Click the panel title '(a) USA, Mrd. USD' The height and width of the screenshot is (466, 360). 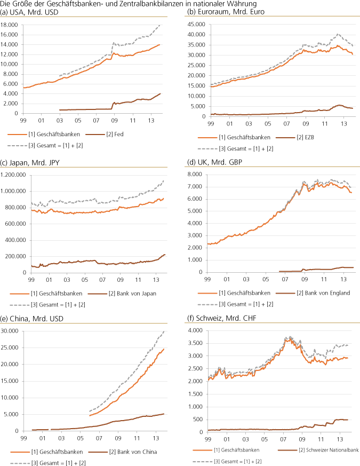pos(29,13)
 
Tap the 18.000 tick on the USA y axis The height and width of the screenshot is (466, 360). pos(11,25)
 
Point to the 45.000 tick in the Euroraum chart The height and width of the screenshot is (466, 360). pos(196,25)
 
